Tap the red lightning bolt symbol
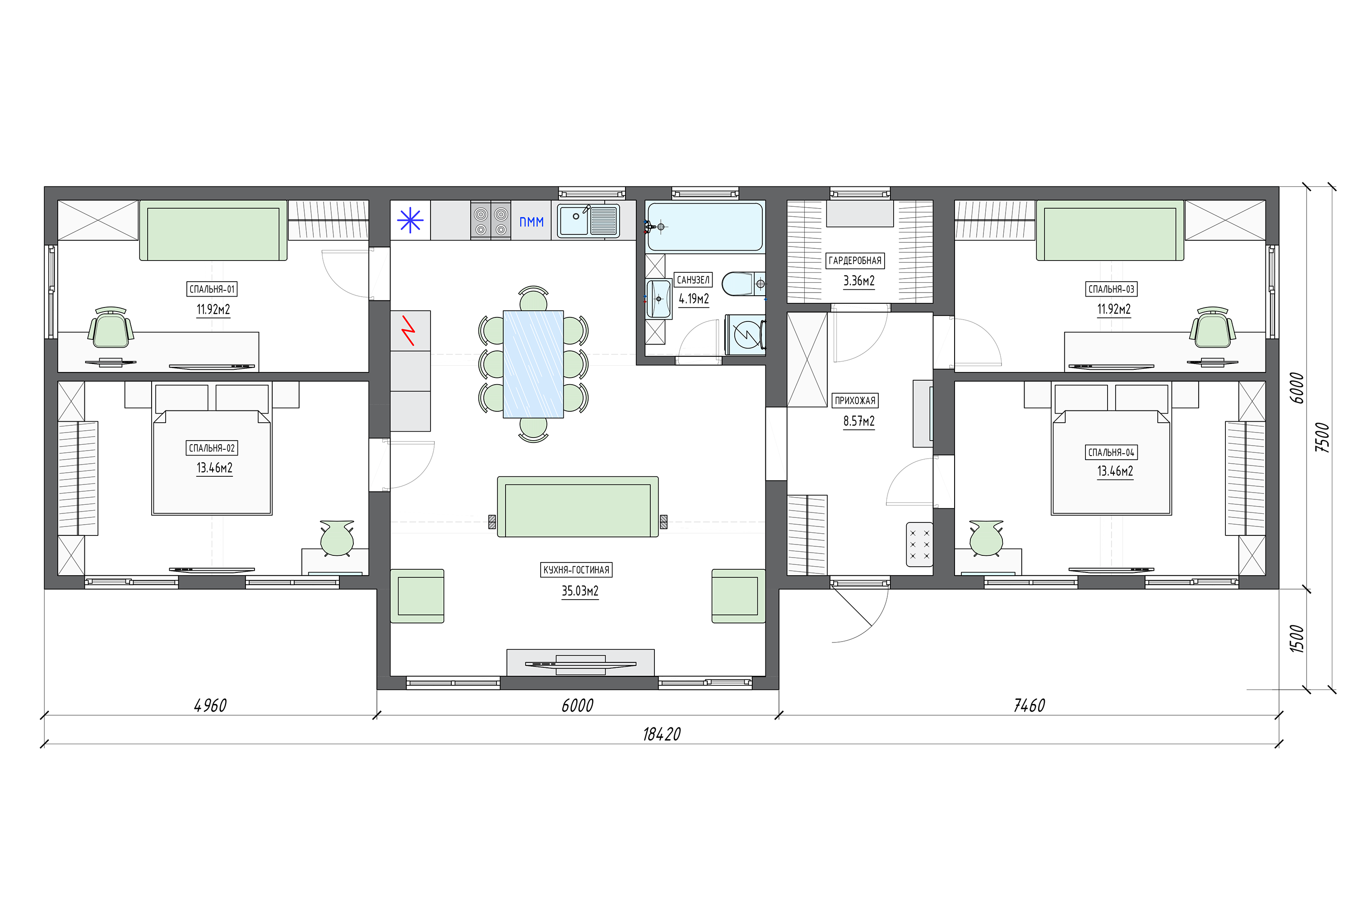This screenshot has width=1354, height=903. pos(409,330)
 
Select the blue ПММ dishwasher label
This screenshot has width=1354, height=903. pos(531,222)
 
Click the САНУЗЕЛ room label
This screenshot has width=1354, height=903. pos(693,280)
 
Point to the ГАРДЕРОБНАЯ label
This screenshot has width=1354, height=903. pos(855,261)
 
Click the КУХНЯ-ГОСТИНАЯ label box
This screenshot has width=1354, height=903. pos(576,569)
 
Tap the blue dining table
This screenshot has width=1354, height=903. pos(533,364)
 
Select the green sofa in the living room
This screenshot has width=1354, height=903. pos(577,507)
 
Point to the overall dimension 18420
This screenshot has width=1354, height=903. pos(662,734)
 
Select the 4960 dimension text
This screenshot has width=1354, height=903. pos(211,705)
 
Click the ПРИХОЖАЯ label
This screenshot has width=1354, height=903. pos(855,400)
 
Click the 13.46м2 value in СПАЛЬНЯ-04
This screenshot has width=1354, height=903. pos(1115,471)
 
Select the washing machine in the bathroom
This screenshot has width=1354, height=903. pos(746,335)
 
